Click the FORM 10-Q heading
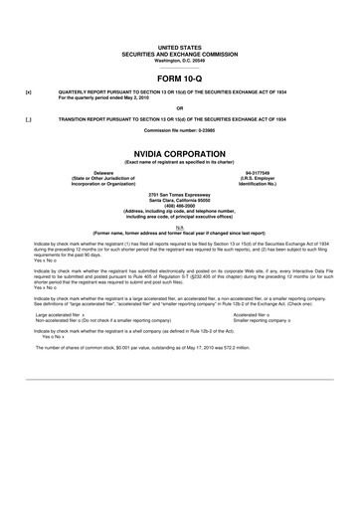point(179,76)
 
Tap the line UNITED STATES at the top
point(179,47)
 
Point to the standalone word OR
point(179,107)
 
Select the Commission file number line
point(179,130)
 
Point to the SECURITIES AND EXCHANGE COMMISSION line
point(179,53)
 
